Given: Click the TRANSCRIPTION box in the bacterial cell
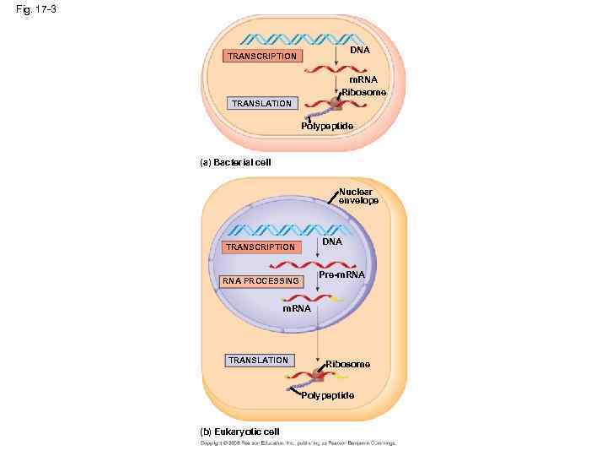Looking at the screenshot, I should pos(261,56).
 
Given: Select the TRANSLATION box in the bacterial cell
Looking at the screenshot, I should pos(261,103).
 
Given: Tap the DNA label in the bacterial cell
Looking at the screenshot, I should pos(360,51).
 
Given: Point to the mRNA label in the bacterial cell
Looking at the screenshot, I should pos(363,79).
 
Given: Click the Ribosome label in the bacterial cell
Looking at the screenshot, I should pos(364,91).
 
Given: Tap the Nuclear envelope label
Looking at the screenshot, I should pos(357,196).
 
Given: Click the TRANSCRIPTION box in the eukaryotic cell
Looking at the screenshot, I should pos(259,247).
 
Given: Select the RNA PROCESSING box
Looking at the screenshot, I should pos(260,280).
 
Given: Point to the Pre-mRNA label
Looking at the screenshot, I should pos(341,275).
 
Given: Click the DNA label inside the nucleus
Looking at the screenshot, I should pos(332,242).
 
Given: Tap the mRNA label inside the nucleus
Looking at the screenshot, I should pos(297,308).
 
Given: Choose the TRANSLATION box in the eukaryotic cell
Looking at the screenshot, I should pos(258,360).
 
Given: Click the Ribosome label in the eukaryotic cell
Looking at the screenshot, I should pos(347,364).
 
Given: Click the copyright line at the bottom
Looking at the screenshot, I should pos(297,442).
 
